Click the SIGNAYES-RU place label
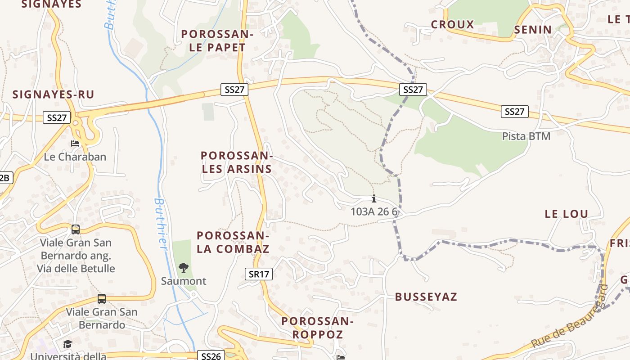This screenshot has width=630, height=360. (x=53, y=94)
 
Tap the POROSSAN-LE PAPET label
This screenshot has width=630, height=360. (x=217, y=40)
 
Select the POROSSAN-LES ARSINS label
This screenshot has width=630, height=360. (x=237, y=162)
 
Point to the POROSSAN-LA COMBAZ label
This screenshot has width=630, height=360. (x=233, y=242)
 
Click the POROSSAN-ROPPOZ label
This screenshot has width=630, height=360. (x=318, y=328)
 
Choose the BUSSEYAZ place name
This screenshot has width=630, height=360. (x=426, y=297)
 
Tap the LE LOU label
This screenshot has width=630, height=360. (x=567, y=214)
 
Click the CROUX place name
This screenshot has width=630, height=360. (x=452, y=24)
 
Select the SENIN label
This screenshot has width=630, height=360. (x=533, y=30)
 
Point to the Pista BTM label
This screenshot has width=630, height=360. (x=526, y=136)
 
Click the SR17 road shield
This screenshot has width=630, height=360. (x=259, y=274)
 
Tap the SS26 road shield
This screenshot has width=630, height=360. (x=211, y=356)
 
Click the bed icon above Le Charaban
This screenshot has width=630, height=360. (x=75, y=144)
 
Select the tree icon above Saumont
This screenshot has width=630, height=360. (x=183, y=268)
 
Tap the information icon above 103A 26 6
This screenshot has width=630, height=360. (x=373, y=198)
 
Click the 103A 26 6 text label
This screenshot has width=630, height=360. (x=374, y=211)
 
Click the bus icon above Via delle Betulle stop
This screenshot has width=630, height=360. (x=76, y=229)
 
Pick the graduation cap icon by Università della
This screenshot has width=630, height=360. (x=67, y=344)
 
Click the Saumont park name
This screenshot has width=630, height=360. (x=184, y=281)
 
